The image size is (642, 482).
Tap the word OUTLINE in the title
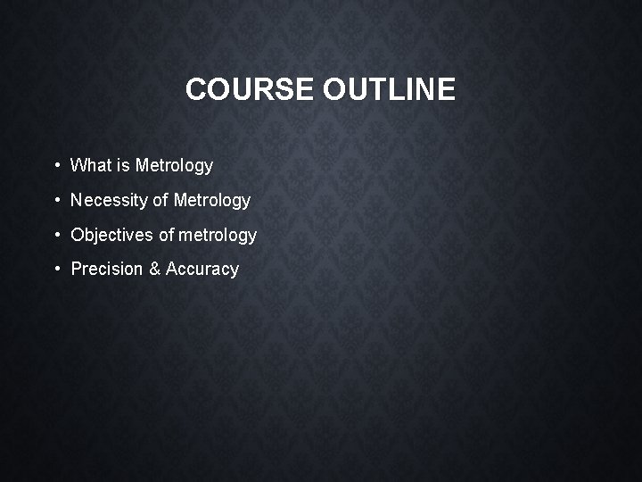point(389,89)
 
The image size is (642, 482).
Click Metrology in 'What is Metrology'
point(174,166)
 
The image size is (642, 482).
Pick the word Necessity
point(109,201)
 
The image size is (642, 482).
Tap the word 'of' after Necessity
point(160,201)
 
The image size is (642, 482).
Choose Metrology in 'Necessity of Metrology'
point(212,201)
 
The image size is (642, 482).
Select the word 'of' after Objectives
point(167,235)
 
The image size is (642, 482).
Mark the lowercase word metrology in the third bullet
point(218,236)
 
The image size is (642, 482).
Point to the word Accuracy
point(202,270)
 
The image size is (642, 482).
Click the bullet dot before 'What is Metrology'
point(56,165)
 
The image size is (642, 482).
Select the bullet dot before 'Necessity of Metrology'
point(56,200)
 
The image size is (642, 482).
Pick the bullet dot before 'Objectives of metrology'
point(56,235)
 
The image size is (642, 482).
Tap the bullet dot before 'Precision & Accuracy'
point(56,269)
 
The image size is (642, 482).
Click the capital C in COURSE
point(196,89)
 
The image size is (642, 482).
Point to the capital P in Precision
point(77,269)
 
